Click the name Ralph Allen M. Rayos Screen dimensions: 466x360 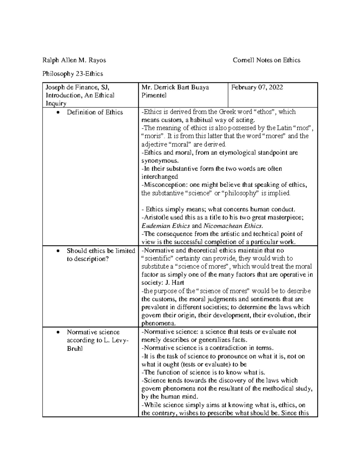[74, 60]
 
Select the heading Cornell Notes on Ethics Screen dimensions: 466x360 [266, 60]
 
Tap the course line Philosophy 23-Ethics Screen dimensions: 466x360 [73, 74]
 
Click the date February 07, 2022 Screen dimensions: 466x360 [257, 88]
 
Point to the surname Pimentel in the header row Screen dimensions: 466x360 [154, 95]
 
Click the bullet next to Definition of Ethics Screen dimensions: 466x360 [58, 113]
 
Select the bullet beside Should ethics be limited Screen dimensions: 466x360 [58, 251]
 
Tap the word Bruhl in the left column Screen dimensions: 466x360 [75, 349]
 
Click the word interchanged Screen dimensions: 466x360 [160, 177]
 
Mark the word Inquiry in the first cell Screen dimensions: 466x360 [56, 104]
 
